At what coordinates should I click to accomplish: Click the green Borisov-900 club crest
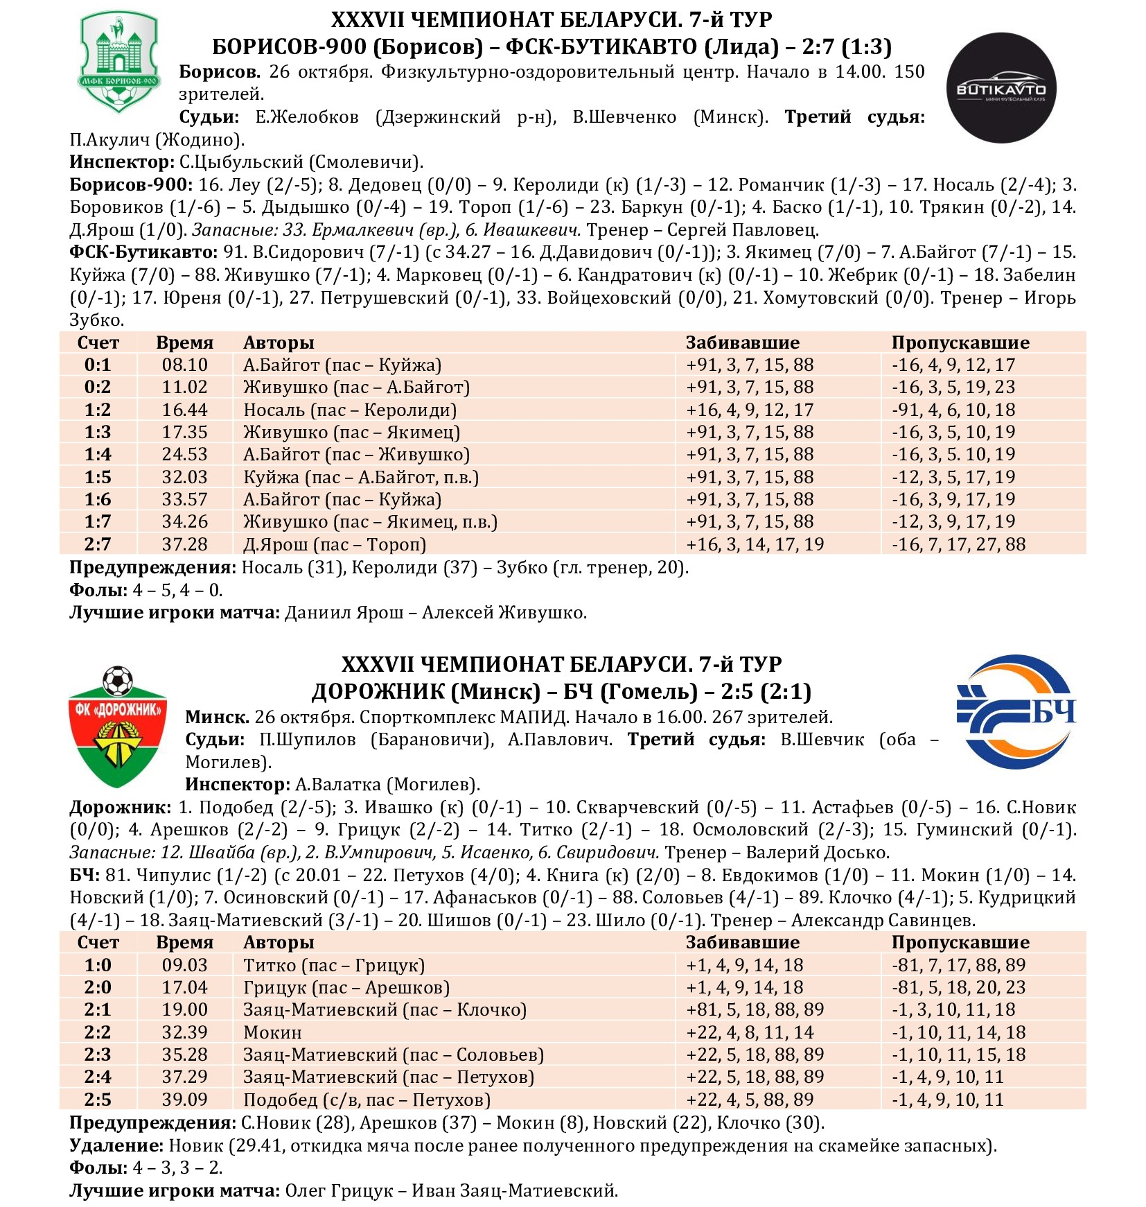pyautogui.click(x=119, y=62)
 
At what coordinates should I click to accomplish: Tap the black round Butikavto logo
pyautogui.click(x=1000, y=88)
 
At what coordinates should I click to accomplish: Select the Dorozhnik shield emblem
pyautogui.click(x=118, y=728)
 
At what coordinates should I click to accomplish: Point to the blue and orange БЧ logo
pyautogui.click(x=1016, y=712)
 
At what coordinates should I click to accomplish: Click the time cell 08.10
pyautogui.click(x=184, y=365)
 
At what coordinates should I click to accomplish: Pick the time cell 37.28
pyautogui.click(x=184, y=544)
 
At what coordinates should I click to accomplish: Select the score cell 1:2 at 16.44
pyautogui.click(x=98, y=410)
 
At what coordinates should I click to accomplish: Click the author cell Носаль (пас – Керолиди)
pyautogui.click(x=350, y=410)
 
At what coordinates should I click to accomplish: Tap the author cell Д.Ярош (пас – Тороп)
pyautogui.click(x=335, y=544)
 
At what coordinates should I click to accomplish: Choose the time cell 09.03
pyautogui.click(x=184, y=965)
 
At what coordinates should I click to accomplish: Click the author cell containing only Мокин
pyautogui.click(x=272, y=1032)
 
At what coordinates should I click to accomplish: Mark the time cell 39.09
pyautogui.click(x=184, y=1100)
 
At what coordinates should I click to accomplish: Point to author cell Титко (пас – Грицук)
pyautogui.click(x=334, y=965)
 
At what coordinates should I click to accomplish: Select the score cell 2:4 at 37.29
pyautogui.click(x=98, y=1077)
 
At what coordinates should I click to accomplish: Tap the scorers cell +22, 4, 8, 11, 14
pyautogui.click(x=750, y=1032)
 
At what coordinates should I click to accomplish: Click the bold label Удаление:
pyautogui.click(x=116, y=1145)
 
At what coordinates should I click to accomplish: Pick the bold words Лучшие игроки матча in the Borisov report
pyautogui.click(x=174, y=612)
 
